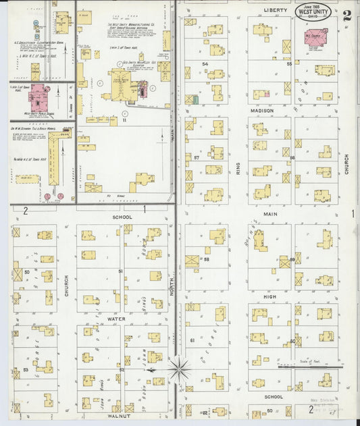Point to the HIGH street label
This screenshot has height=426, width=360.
[x=270, y=297]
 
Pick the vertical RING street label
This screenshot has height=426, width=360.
[x=238, y=168]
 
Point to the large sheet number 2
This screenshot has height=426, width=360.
[x=346, y=16]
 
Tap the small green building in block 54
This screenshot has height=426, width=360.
[x=196, y=100]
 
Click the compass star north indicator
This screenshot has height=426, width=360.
[x=179, y=369]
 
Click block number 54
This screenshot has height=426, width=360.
[x=205, y=64]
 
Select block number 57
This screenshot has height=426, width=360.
[x=197, y=157]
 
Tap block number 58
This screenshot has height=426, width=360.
[x=207, y=259]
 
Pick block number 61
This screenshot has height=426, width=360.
[x=192, y=340]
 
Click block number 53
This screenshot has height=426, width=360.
[x=26, y=370]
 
